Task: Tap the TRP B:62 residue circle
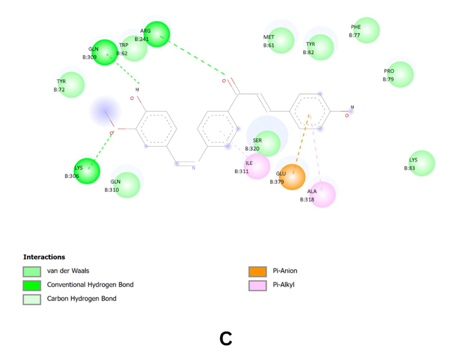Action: [x=134, y=48]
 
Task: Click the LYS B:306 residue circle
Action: [x=87, y=171]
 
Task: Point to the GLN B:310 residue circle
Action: [x=127, y=185]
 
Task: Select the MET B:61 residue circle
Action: [x=281, y=41]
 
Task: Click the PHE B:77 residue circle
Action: [x=367, y=31]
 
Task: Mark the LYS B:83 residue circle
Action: [x=422, y=163]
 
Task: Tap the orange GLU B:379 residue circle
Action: [x=293, y=177]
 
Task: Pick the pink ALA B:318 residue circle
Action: [x=323, y=195]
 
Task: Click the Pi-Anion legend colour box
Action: [x=257, y=271]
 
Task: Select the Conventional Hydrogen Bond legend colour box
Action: [x=32, y=285]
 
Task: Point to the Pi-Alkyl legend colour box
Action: [x=257, y=285]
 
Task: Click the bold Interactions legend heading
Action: [x=44, y=257]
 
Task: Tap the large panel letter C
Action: [x=226, y=339]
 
